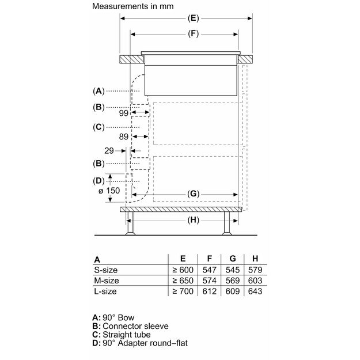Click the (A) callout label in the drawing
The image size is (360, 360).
click(x=99, y=91)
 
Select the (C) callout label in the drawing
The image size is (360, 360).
click(x=99, y=127)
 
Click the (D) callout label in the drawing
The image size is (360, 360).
click(x=99, y=181)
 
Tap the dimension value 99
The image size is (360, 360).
click(x=124, y=113)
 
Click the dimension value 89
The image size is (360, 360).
click(x=124, y=137)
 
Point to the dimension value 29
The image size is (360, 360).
click(x=110, y=150)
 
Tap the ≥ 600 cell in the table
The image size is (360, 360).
click(x=182, y=270)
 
